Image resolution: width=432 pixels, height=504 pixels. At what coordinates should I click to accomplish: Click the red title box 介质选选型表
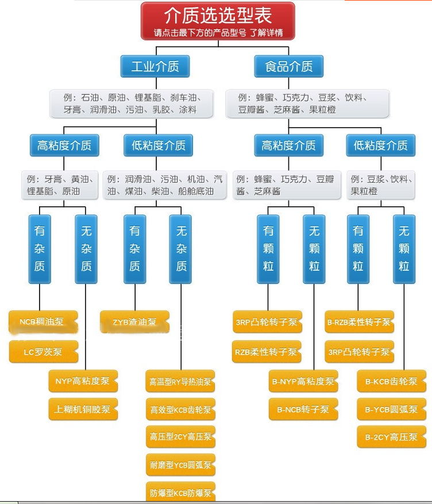[x=218, y=21]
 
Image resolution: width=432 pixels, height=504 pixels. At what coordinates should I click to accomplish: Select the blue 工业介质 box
[x=155, y=66]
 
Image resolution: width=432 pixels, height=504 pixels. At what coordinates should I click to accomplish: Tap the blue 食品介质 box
[x=288, y=66]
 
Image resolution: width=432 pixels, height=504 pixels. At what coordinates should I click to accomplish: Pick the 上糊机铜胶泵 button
[x=83, y=410]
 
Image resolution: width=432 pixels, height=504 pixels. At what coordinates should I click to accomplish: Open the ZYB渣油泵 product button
[x=134, y=322]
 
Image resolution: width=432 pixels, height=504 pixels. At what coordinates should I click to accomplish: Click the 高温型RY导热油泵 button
[x=180, y=381]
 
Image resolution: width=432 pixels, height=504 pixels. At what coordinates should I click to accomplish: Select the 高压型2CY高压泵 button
[x=180, y=437]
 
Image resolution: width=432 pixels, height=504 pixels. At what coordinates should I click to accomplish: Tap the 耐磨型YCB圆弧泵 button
[x=180, y=464]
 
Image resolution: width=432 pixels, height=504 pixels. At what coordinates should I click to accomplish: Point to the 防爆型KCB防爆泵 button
[x=180, y=492]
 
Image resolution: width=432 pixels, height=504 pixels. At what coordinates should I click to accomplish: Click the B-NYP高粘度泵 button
[x=303, y=381]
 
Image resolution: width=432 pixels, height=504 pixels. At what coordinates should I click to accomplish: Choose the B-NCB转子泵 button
[x=303, y=409]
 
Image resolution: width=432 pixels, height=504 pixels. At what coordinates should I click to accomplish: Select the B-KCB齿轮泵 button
[x=391, y=381]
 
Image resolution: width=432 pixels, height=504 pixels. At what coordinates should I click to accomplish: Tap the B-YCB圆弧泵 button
[x=391, y=409]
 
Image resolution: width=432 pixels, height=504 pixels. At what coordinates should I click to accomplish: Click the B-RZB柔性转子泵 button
[x=358, y=322]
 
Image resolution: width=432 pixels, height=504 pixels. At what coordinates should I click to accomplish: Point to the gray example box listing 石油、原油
[x=131, y=103]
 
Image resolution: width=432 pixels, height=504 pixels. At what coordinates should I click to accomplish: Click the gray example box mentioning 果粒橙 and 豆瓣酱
[x=307, y=103]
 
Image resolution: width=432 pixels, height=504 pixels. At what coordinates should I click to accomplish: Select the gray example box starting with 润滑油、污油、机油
[x=165, y=184]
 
